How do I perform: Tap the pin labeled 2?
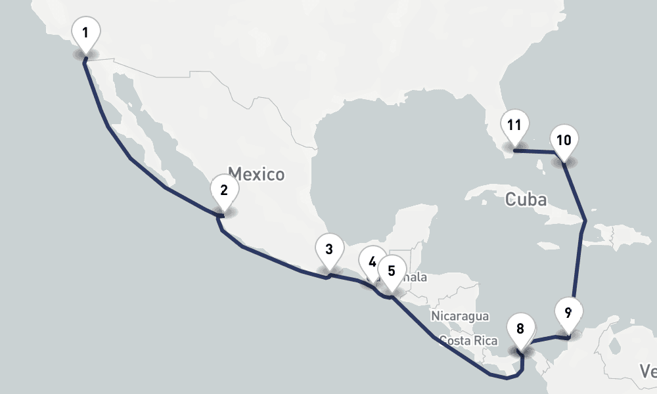click(224, 191)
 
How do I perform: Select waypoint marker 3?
click(329, 250)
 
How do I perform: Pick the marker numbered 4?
click(372, 262)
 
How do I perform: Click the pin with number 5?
click(392, 271)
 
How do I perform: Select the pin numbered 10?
click(564, 140)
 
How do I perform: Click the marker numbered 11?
click(514, 125)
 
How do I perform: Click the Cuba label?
click(526, 199)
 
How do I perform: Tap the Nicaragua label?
click(460, 316)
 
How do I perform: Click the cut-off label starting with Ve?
click(648, 372)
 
